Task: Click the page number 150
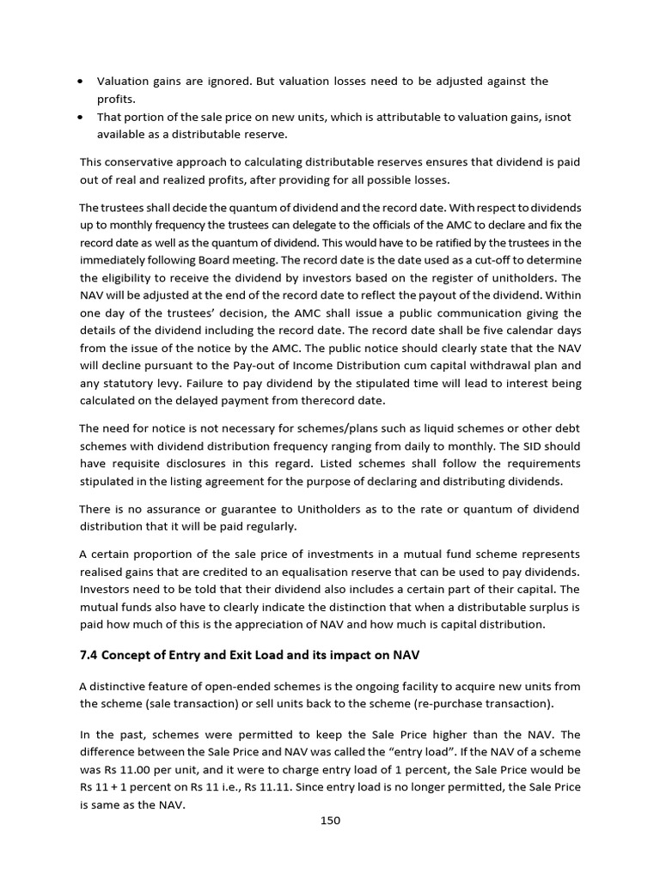click(330, 820)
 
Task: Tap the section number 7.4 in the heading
click(89, 655)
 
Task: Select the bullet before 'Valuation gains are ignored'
click(80, 82)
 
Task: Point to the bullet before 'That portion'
click(80, 117)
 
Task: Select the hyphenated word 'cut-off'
click(504, 259)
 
